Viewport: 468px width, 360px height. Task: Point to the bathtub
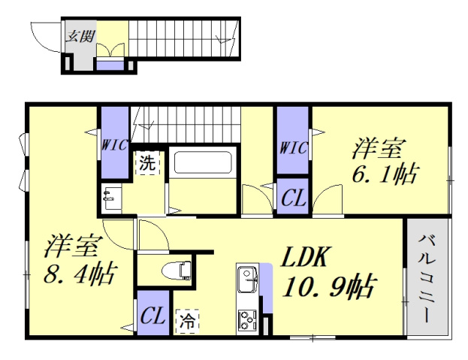(203, 164)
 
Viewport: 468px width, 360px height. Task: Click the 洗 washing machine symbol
(147, 163)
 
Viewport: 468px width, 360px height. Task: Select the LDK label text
(304, 258)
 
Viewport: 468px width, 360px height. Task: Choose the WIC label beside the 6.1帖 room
(292, 148)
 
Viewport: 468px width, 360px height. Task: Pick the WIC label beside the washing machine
(114, 144)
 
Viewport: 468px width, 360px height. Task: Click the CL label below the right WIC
(292, 199)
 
